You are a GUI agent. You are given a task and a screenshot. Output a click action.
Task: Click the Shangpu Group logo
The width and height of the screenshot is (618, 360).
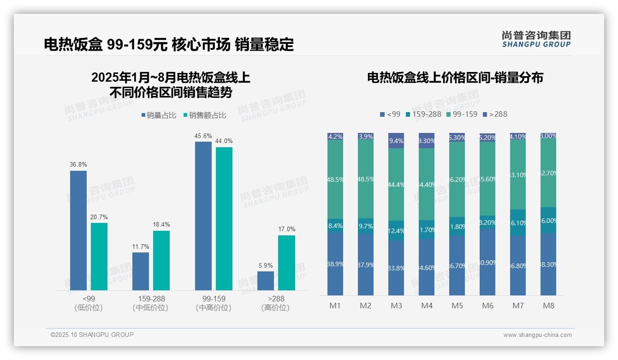click(536, 39)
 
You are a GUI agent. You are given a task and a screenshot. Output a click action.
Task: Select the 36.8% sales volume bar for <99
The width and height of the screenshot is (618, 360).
click(78, 230)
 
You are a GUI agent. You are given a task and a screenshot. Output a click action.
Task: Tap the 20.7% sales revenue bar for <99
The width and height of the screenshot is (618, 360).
click(99, 257)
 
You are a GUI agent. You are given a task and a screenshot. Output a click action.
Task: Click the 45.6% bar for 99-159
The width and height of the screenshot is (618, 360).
click(203, 216)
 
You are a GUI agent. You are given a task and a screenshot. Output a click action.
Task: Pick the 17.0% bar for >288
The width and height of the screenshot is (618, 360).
click(286, 263)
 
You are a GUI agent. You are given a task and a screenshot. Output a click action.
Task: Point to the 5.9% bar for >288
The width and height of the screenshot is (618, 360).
click(266, 281)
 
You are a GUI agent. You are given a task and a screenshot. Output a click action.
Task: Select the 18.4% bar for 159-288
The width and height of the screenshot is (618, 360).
click(161, 260)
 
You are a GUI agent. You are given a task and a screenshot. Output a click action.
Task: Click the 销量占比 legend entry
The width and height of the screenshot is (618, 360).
click(159, 115)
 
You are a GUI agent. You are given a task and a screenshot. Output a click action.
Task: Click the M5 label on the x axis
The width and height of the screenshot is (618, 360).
click(457, 306)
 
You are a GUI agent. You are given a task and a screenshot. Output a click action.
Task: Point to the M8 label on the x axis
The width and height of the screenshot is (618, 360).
click(548, 306)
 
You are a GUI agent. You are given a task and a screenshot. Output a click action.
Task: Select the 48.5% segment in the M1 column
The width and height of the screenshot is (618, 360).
click(335, 179)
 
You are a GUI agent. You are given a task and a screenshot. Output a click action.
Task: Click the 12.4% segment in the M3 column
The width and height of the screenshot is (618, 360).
click(396, 230)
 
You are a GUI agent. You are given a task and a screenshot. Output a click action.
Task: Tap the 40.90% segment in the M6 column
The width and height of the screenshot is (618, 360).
click(487, 262)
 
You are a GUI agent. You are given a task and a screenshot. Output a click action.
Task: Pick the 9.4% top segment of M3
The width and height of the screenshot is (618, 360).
click(396, 141)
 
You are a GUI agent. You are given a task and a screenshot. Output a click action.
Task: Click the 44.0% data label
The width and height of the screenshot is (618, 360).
click(224, 141)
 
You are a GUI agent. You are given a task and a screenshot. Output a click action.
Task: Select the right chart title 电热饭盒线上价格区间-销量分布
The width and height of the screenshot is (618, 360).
click(455, 78)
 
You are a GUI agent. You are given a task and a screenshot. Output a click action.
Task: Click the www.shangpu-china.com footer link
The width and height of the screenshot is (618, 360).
click(537, 335)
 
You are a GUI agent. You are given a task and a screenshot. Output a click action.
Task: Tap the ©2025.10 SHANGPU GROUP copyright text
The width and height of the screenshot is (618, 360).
click(92, 335)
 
